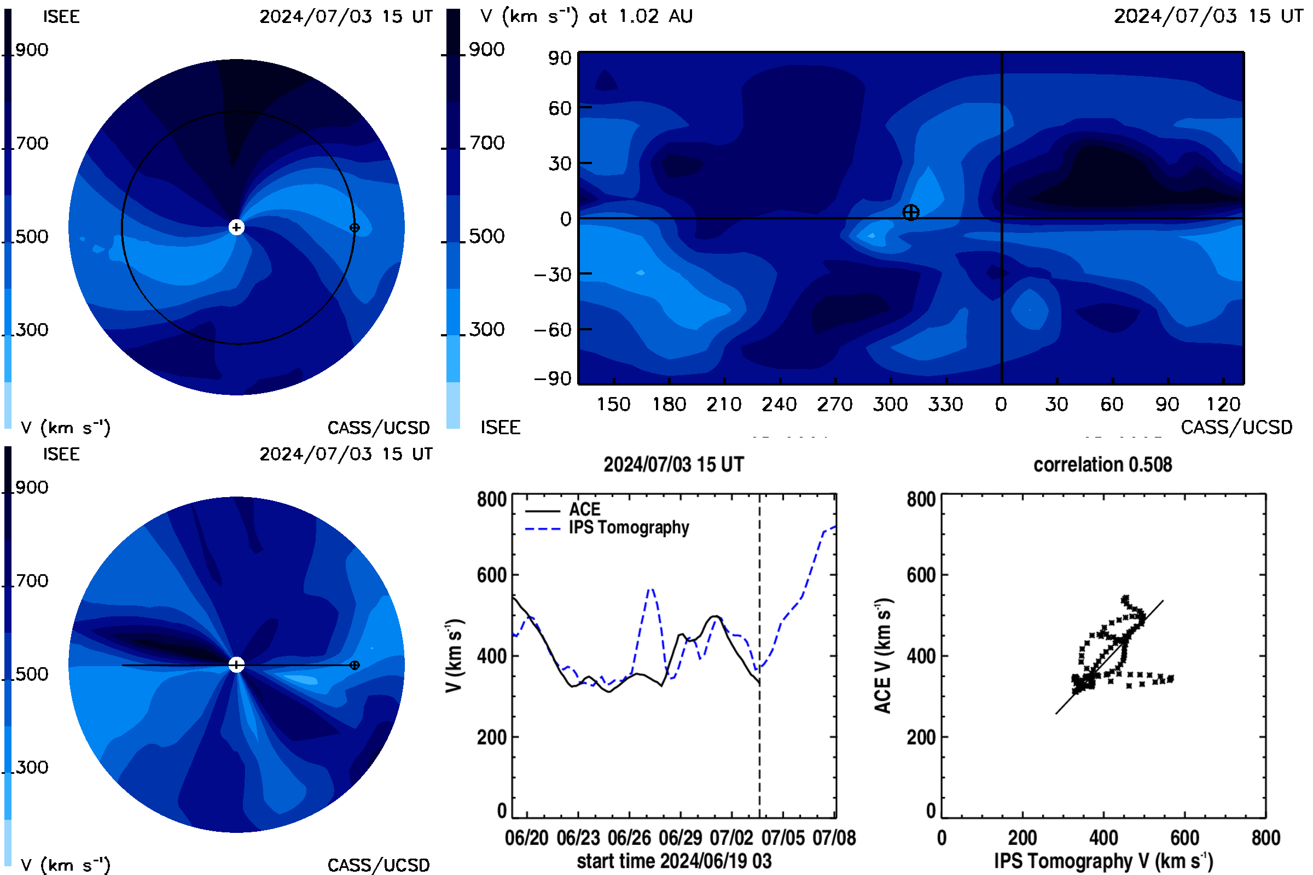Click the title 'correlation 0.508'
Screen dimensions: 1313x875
coord(1102,465)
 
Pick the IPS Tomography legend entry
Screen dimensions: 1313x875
coord(607,528)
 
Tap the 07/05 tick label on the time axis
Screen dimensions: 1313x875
coord(783,838)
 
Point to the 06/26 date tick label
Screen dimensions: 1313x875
coord(629,838)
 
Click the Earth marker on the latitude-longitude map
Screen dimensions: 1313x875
coord(910,212)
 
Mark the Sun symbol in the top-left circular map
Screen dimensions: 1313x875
coord(237,227)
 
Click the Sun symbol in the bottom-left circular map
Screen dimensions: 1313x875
coord(237,664)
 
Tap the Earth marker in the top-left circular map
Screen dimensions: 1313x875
coord(355,227)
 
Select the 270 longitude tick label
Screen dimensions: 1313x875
coord(835,404)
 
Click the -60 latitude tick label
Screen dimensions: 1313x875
coord(553,330)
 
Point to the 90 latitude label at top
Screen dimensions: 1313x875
coord(559,58)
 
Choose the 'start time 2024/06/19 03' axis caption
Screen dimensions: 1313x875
coord(675,861)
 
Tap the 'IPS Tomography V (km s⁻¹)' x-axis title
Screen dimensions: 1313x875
coord(1103,861)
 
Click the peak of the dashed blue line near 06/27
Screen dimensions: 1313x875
coord(650,589)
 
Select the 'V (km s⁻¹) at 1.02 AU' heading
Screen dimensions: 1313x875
coord(586,16)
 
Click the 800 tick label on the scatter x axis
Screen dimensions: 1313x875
coord(1265,838)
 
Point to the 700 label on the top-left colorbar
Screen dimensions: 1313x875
coord(32,143)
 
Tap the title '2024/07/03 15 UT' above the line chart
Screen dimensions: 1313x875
coord(674,465)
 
